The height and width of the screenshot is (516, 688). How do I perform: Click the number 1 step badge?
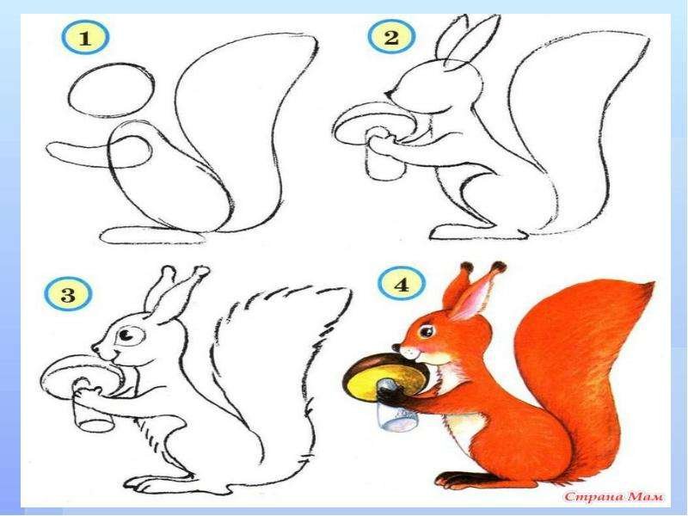click(84, 37)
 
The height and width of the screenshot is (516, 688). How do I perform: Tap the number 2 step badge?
click(390, 36)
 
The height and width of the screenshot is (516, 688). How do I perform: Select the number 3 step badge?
click(68, 293)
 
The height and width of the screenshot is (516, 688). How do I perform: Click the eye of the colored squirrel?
click(426, 330)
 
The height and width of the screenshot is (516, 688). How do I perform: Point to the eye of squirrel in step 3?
click(126, 335)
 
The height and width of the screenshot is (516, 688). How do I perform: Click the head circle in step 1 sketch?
click(112, 90)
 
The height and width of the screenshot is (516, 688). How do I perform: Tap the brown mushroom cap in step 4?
click(386, 374)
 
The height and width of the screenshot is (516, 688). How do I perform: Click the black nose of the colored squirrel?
click(396, 347)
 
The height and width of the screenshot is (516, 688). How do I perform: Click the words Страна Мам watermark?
click(614, 496)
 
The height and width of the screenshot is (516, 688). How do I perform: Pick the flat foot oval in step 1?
click(153, 235)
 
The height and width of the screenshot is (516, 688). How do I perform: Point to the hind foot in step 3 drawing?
click(158, 482)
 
